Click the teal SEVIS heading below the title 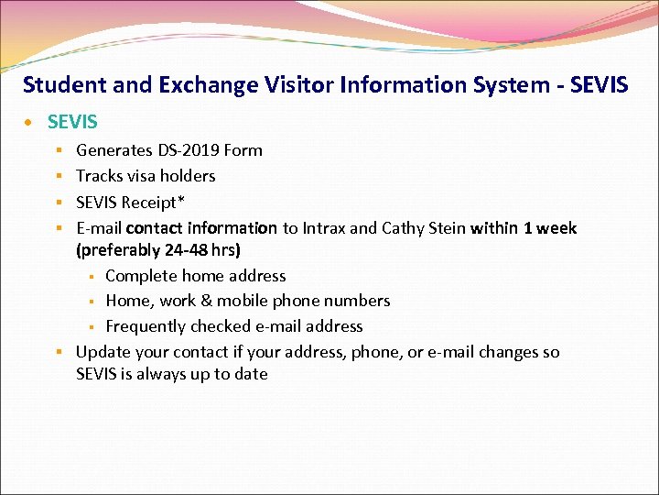[72, 122]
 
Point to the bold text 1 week [549, 227]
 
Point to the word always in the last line [161, 374]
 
